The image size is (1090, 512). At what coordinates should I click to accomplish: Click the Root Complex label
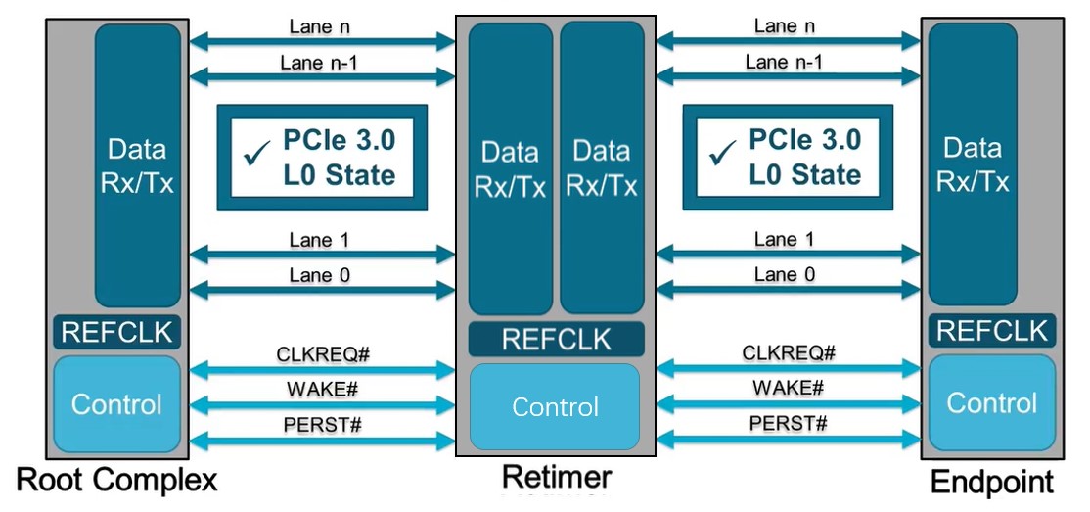(116, 481)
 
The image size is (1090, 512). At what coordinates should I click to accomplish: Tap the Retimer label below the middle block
(556, 477)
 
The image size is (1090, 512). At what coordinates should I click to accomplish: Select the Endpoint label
(992, 483)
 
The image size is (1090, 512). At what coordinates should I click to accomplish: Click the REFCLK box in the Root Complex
(116, 332)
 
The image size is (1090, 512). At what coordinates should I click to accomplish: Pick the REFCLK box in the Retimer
(556, 339)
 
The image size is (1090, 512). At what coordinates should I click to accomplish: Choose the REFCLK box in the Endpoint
(992, 331)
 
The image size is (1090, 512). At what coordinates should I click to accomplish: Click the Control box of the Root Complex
(116, 403)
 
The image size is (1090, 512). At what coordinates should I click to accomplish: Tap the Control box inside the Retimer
(556, 406)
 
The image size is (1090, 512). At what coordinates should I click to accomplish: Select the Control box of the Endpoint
(992, 402)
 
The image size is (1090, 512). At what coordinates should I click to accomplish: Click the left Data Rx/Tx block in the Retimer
(511, 168)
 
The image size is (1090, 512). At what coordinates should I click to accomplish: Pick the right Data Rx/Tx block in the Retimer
(602, 168)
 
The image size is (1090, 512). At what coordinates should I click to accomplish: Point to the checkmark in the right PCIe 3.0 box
(722, 153)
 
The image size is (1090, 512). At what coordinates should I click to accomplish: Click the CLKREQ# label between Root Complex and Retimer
(323, 352)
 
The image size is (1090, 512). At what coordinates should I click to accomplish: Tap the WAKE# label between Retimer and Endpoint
(788, 388)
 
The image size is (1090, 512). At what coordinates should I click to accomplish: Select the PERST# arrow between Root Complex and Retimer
(323, 442)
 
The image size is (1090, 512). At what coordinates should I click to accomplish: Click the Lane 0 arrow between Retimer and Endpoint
(788, 291)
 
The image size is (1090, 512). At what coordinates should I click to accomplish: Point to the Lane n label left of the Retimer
(323, 26)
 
